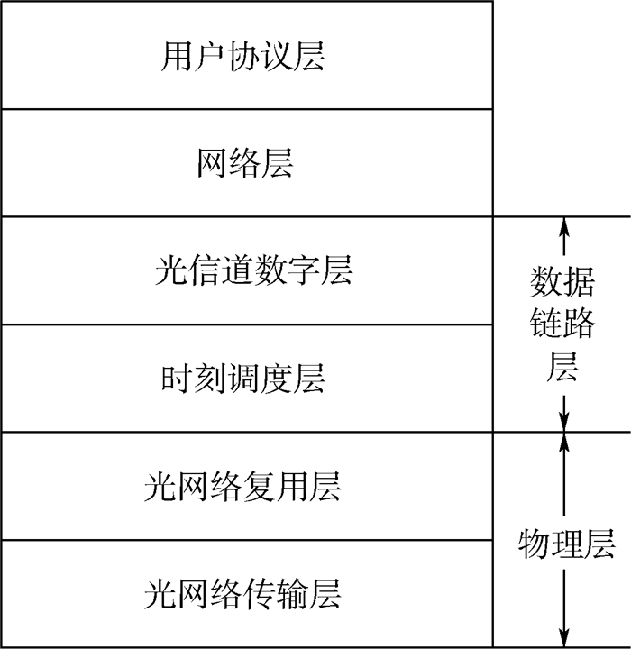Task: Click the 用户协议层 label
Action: point(243,56)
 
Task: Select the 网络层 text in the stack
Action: point(244,164)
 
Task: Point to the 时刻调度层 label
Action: point(243,379)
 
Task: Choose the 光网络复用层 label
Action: point(242,487)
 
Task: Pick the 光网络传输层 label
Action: point(242,595)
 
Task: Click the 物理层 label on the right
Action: point(566,544)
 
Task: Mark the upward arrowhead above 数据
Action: point(562,225)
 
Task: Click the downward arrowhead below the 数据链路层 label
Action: point(562,422)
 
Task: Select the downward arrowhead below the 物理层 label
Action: point(562,637)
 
